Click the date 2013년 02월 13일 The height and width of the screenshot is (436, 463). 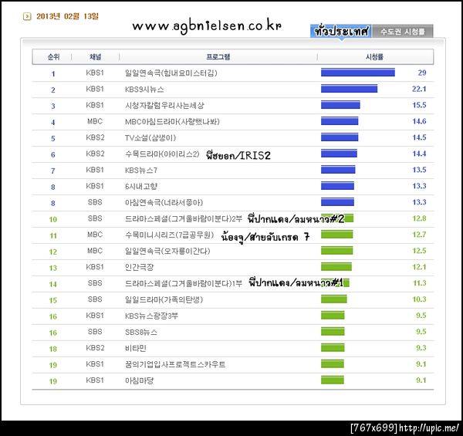pyautogui.click(x=68, y=15)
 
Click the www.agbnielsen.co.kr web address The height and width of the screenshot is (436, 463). pyautogui.click(x=207, y=25)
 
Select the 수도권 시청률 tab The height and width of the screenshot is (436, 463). pyautogui.click(x=402, y=32)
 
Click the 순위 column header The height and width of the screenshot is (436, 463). pyautogui.click(x=53, y=57)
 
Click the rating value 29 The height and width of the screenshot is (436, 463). pyautogui.click(x=422, y=73)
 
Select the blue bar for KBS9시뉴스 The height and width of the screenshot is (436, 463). pyautogui.click(x=349, y=89)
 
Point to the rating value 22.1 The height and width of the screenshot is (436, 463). pyautogui.click(x=419, y=89)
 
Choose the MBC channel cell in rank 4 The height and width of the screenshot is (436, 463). pyautogui.click(x=94, y=121)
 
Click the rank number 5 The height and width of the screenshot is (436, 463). pyautogui.click(x=53, y=138)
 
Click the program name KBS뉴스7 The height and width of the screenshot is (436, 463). pyautogui.click(x=142, y=170)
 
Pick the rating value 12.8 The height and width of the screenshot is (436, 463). pyautogui.click(x=419, y=218)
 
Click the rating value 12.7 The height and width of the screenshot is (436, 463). pyautogui.click(x=419, y=235)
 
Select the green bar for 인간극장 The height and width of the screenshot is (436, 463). pyautogui.click(x=336, y=267)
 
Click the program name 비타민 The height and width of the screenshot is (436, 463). pyautogui.click(x=135, y=348)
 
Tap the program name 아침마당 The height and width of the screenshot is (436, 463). pyautogui.click(x=139, y=380)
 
